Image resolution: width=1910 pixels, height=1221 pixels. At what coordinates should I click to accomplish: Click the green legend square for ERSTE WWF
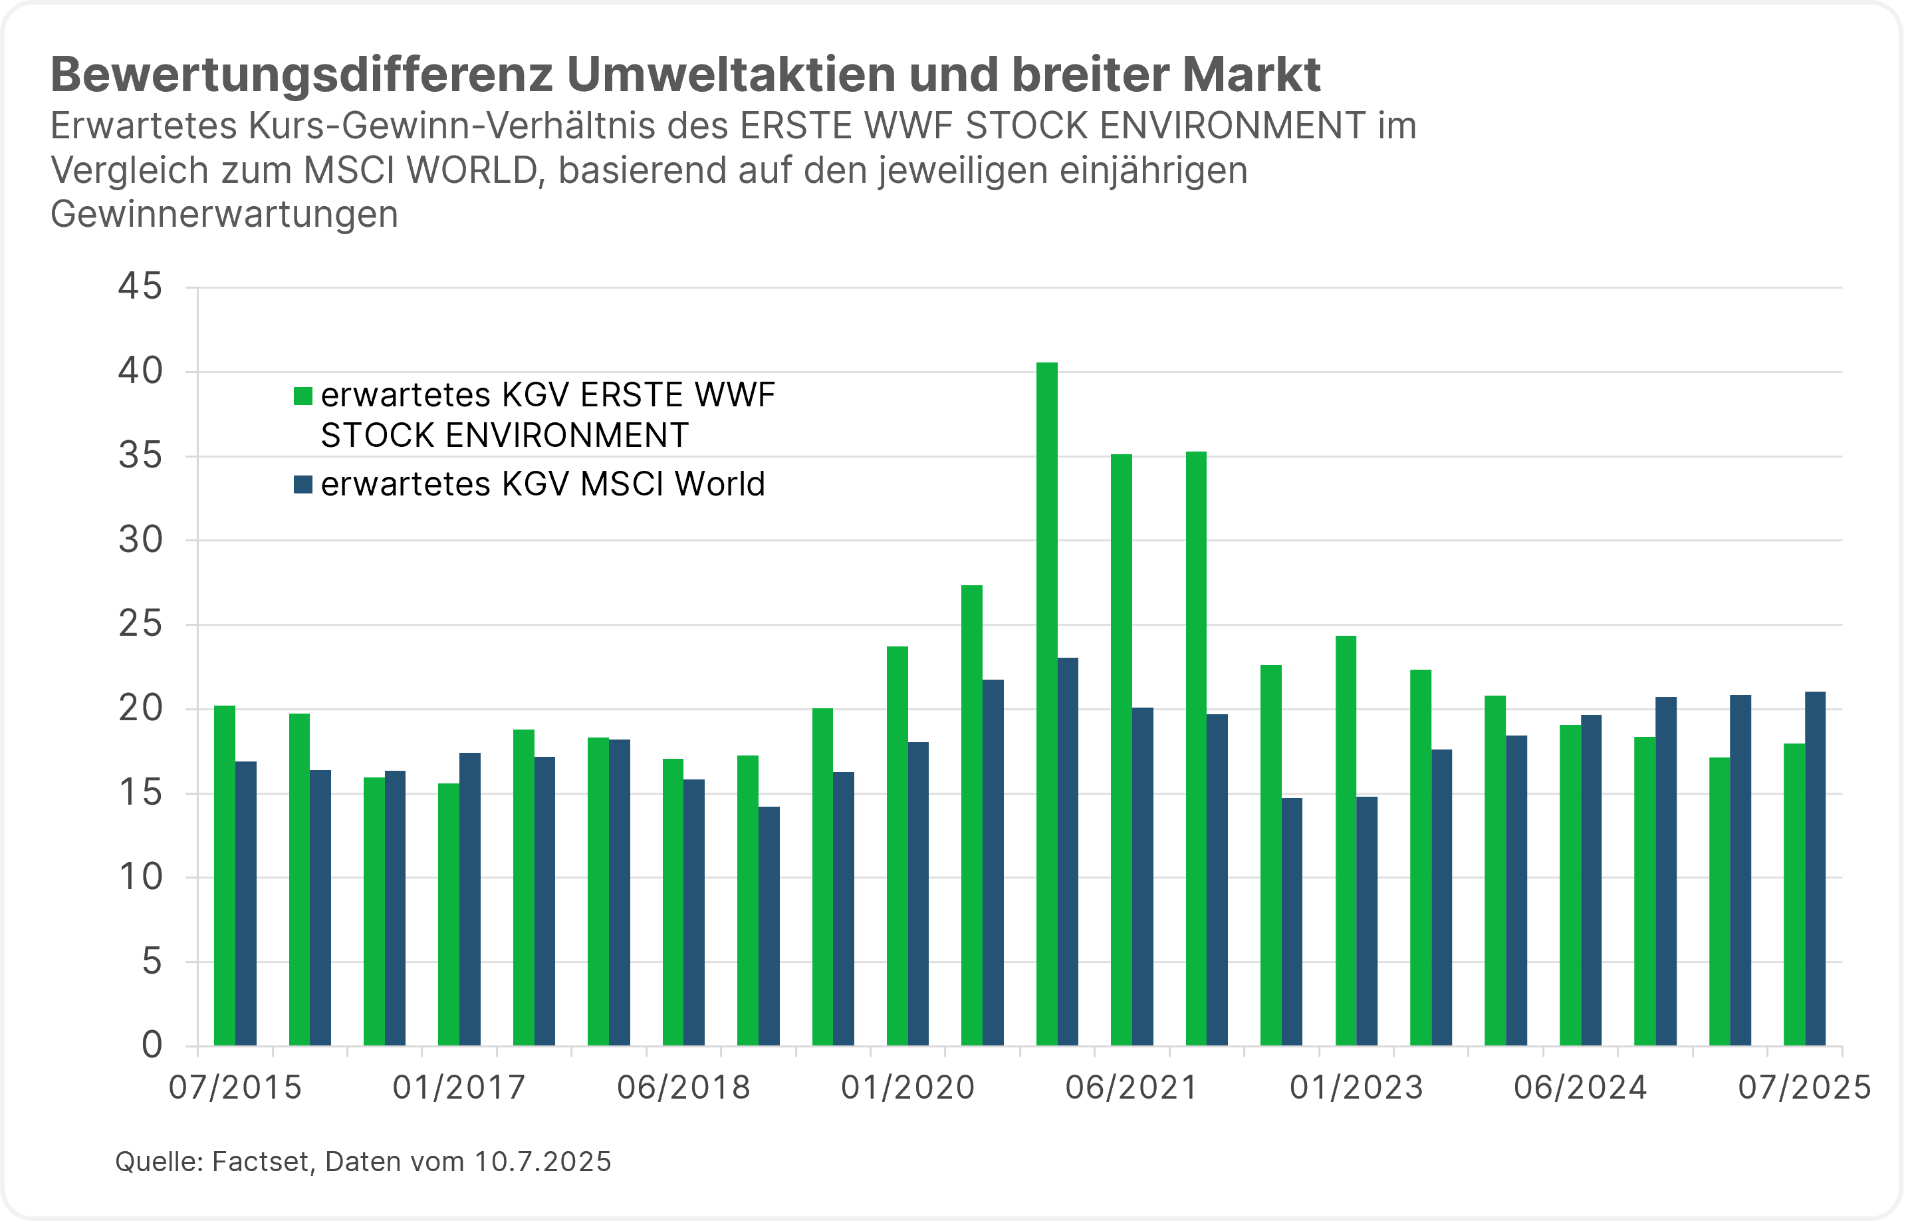(303, 396)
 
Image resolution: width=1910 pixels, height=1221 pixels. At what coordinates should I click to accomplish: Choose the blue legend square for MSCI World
(303, 485)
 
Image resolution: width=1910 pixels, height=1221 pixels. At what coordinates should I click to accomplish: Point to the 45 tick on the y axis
(140, 287)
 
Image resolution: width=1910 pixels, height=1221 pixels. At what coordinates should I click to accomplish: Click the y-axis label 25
(140, 624)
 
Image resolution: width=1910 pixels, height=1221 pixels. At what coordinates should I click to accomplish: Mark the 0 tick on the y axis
(152, 1045)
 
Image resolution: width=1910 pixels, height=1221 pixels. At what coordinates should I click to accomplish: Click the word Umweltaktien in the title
(731, 74)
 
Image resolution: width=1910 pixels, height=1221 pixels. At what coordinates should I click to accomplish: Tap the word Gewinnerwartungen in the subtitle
(225, 214)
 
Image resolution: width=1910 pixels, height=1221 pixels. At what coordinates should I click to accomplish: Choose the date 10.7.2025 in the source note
(542, 1162)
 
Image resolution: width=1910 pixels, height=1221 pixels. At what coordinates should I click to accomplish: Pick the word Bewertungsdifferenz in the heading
(301, 74)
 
